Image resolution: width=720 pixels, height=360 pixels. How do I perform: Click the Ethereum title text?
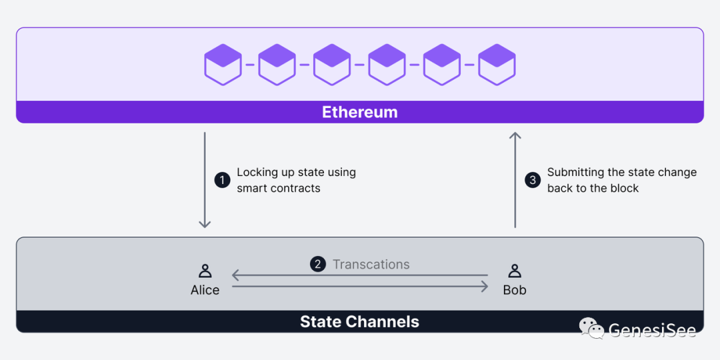pos(360,112)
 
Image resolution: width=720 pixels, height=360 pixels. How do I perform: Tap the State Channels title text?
pos(359,322)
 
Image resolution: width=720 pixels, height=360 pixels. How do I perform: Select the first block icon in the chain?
pos(223,65)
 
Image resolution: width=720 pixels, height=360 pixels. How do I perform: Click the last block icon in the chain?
pos(497,65)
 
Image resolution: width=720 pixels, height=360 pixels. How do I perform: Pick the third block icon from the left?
pos(332,65)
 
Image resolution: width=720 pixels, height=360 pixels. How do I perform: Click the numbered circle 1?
pos(222,180)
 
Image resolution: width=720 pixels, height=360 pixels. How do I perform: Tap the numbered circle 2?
pos(318,265)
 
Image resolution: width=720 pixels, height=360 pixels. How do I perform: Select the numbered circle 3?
pos(533,180)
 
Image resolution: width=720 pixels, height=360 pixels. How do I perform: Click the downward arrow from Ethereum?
pos(205,180)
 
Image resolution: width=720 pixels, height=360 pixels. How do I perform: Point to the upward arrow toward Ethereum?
pos(515,180)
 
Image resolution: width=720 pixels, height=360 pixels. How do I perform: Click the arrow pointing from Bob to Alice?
pos(360,275)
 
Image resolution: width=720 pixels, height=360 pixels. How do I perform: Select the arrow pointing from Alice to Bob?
pos(360,287)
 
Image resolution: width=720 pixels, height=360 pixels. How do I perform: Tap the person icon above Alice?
pos(205,271)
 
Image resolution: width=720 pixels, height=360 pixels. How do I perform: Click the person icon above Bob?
pos(515,271)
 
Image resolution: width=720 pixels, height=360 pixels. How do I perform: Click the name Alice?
pos(205,290)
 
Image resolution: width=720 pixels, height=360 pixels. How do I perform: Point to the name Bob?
pos(515,290)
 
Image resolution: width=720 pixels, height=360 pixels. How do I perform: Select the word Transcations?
pos(371,265)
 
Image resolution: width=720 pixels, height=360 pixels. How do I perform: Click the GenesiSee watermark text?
pos(652,330)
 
